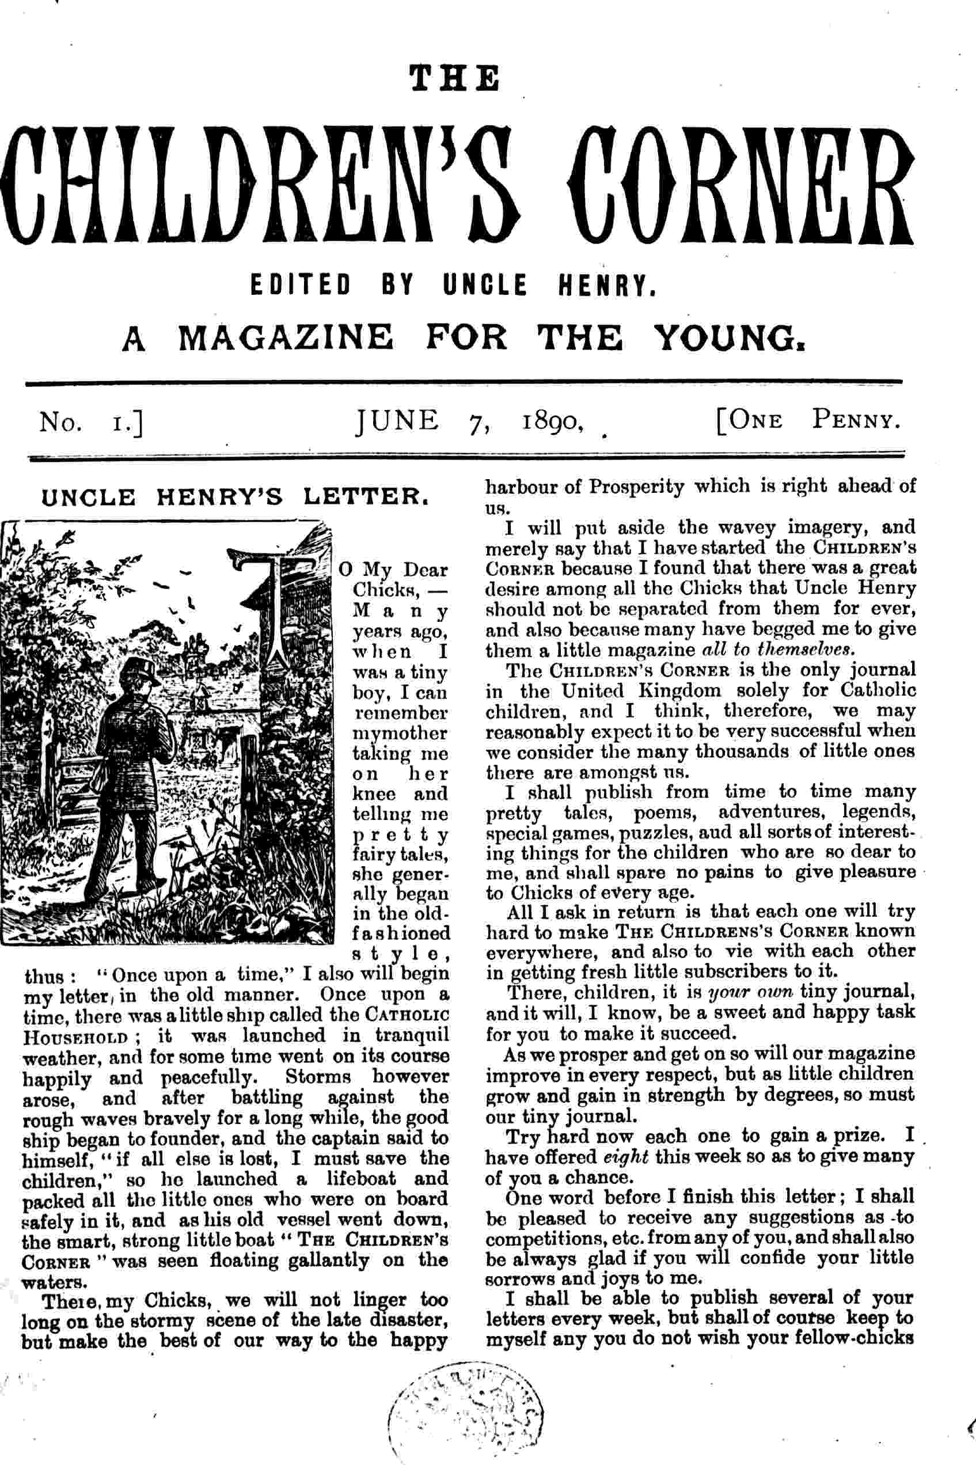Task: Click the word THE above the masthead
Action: click(454, 79)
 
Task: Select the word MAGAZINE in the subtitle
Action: click(286, 338)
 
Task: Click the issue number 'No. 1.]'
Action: click(92, 423)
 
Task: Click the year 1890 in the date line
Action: click(552, 422)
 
